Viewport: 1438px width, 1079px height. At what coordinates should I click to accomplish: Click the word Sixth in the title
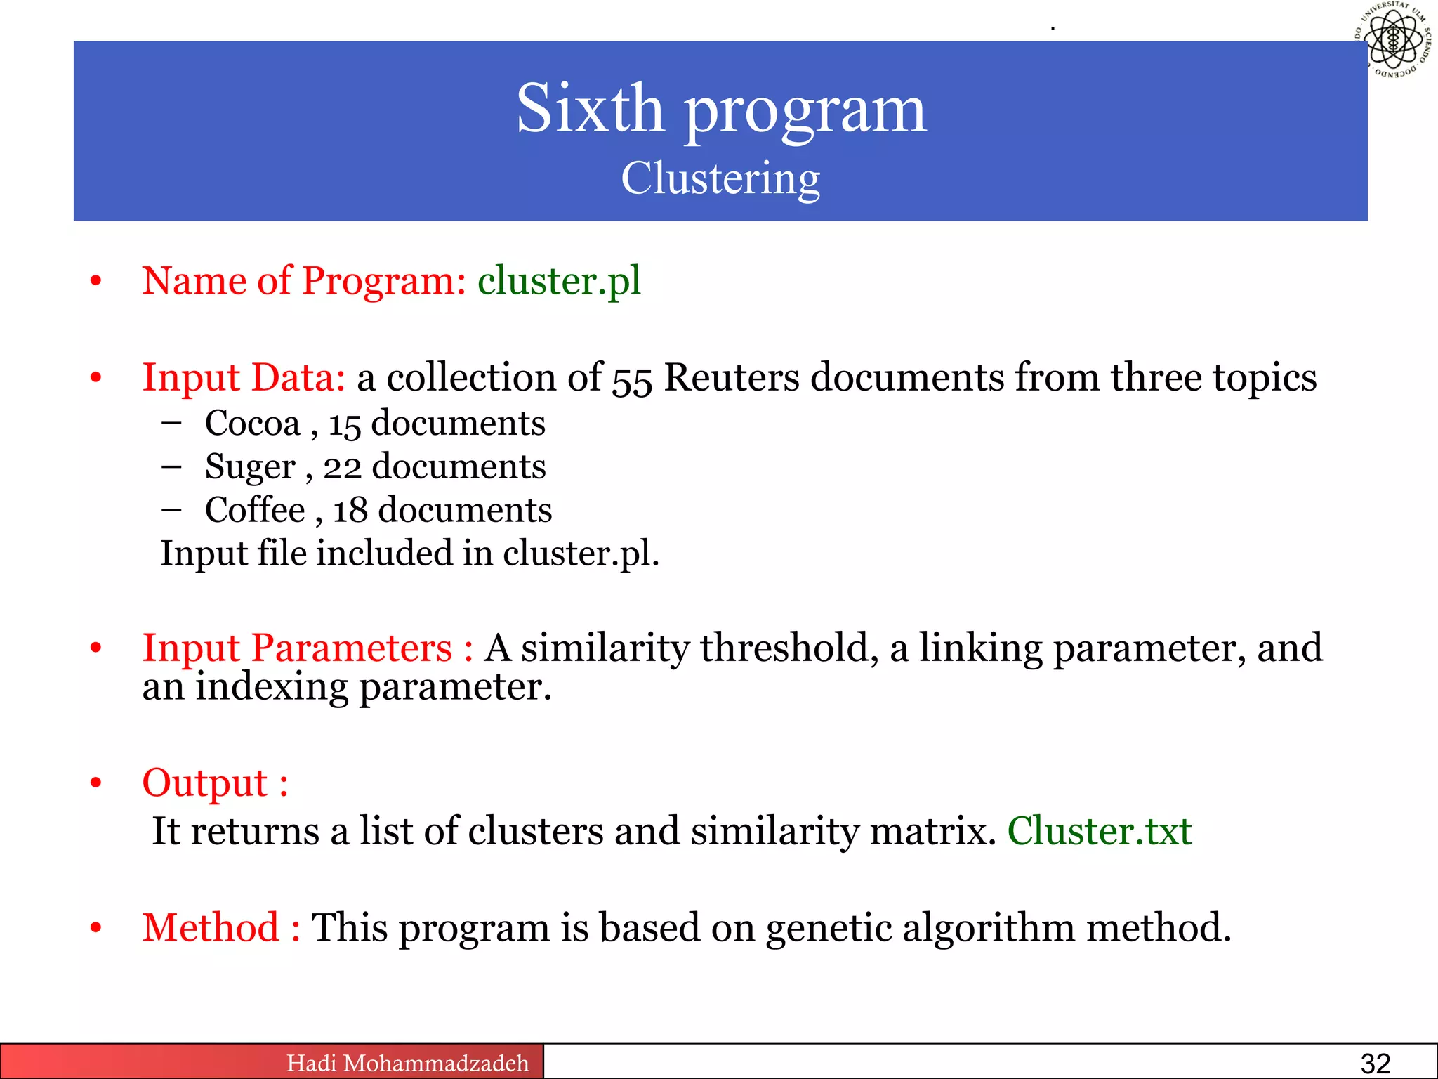pyautogui.click(x=590, y=109)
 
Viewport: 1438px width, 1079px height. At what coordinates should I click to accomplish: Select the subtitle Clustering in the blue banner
pyautogui.click(x=720, y=178)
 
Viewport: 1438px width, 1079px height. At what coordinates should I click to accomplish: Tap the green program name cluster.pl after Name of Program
pyautogui.click(x=559, y=281)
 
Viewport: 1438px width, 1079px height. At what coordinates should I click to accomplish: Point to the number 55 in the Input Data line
pyautogui.click(x=632, y=379)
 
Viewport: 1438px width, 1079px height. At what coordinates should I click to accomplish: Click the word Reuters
pyautogui.click(x=731, y=378)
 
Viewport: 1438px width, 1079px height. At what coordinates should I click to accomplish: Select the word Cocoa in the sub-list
pyautogui.click(x=252, y=424)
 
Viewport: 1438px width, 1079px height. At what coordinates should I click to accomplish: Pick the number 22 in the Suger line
pyautogui.click(x=342, y=467)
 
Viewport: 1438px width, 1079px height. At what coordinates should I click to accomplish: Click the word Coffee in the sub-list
pyautogui.click(x=255, y=510)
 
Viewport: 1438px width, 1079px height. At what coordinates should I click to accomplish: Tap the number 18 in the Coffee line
pyautogui.click(x=350, y=511)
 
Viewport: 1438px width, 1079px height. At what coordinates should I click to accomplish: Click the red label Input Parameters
pyautogui.click(x=297, y=648)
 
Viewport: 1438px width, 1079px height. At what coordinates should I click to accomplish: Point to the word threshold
pyautogui.click(x=789, y=648)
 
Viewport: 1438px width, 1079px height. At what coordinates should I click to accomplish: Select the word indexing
pyautogui.click(x=271, y=687)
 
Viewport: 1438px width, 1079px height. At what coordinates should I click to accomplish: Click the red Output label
pyautogui.click(x=205, y=783)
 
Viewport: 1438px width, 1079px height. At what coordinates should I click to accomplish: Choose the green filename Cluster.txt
pyautogui.click(x=1099, y=832)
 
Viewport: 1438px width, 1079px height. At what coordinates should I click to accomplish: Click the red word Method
pyautogui.click(x=211, y=928)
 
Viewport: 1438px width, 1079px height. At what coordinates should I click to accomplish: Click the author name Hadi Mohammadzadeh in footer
pyautogui.click(x=407, y=1063)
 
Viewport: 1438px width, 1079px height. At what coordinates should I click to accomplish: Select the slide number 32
pyautogui.click(x=1375, y=1064)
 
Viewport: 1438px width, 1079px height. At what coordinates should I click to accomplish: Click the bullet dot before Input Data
pyautogui.click(x=96, y=379)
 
